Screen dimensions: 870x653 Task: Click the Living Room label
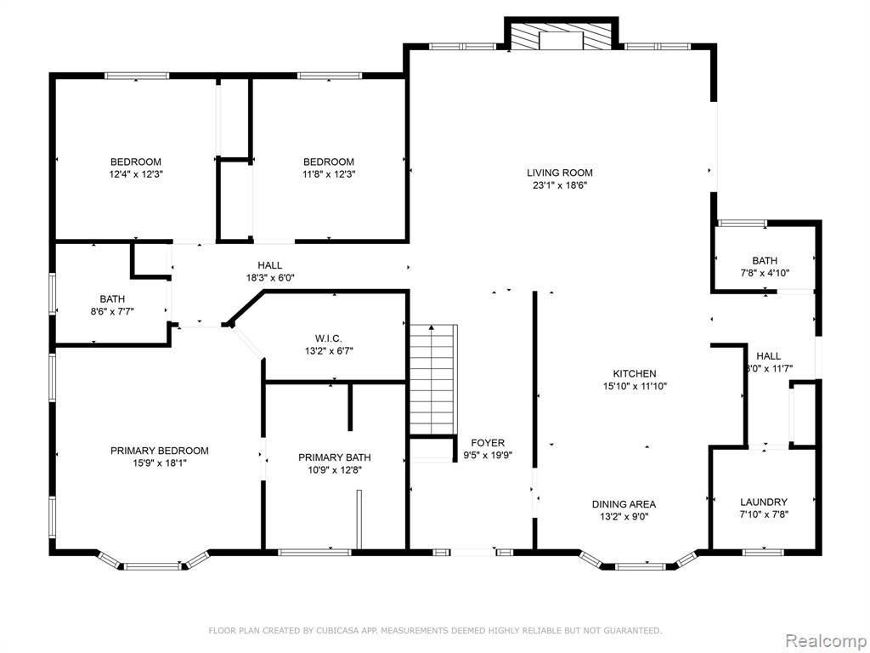click(x=559, y=173)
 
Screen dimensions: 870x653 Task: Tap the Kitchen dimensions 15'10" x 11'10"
click(x=634, y=386)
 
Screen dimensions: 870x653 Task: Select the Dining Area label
click(x=624, y=504)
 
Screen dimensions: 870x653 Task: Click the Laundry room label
click(x=764, y=502)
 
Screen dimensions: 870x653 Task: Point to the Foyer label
click(x=488, y=442)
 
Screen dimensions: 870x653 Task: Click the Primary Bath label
click(x=335, y=457)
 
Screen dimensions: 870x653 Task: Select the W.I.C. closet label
click(x=329, y=338)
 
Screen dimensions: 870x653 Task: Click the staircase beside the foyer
click(x=433, y=379)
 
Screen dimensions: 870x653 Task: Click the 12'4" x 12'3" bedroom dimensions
click(x=136, y=173)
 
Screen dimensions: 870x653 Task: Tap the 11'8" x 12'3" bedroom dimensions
click(x=329, y=173)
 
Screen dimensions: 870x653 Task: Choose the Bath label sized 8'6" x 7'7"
click(x=112, y=299)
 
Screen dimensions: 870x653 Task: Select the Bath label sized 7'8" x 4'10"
click(x=765, y=260)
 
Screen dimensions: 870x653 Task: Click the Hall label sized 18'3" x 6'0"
click(x=269, y=265)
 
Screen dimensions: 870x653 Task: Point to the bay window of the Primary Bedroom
click(x=153, y=562)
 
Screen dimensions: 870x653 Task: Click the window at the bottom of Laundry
click(x=763, y=552)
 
